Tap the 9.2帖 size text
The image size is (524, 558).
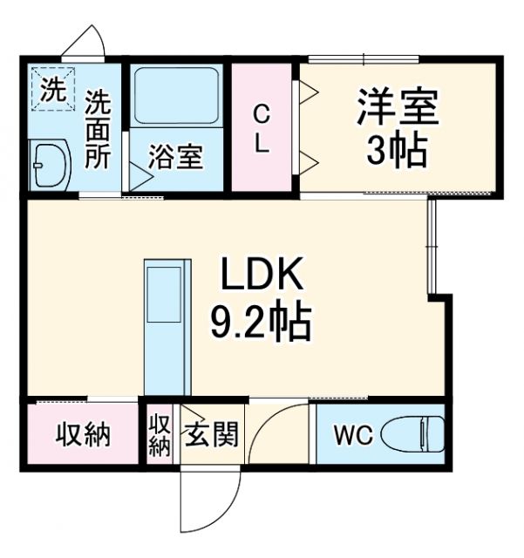pyautogui.click(x=260, y=323)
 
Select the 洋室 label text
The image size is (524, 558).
pyautogui.click(x=397, y=109)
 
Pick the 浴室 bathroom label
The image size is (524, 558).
pyautogui.click(x=175, y=159)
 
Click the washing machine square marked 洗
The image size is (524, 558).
pyautogui.click(x=53, y=90)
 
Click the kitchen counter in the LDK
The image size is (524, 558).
pyautogui.click(x=165, y=327)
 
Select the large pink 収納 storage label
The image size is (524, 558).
pyautogui.click(x=84, y=434)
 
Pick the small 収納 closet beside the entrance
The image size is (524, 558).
pyautogui.click(x=159, y=434)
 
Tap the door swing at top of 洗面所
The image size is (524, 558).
pyautogui.click(x=88, y=43)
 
